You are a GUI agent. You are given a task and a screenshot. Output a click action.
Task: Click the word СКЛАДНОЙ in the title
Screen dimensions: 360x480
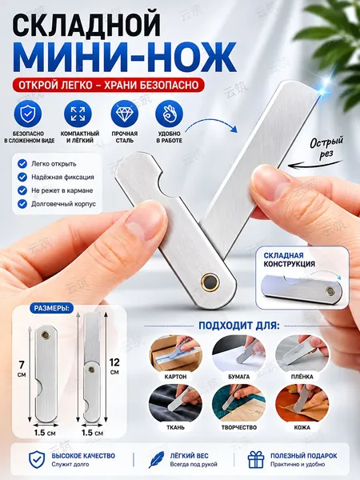tap(86, 25)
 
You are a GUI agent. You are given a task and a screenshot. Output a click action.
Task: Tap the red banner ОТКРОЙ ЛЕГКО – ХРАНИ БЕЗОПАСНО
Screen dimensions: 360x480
tap(108, 85)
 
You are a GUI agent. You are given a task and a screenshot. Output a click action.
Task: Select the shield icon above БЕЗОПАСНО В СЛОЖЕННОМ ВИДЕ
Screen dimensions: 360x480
tap(28, 114)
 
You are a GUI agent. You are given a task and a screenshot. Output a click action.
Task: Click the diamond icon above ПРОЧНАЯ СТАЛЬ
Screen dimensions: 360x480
tap(125, 114)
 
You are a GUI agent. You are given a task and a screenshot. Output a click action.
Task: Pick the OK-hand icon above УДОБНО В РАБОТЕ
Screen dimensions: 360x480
tap(170, 114)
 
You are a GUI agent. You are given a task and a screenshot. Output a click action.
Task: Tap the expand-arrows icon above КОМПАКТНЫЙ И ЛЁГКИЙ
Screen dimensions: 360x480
tap(78, 114)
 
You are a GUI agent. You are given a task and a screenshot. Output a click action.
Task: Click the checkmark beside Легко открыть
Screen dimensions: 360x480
tap(22, 163)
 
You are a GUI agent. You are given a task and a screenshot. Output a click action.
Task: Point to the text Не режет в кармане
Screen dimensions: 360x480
tap(62, 190)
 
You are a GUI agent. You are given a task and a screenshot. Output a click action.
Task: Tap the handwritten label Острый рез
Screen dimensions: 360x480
tap(326, 147)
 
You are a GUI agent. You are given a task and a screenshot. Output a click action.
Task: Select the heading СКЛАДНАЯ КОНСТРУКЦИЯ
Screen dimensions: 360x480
tap(289, 259)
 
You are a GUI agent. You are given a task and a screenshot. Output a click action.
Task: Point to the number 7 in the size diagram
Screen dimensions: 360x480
tap(22, 365)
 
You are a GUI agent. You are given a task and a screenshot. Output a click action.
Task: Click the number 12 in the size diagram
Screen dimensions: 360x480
tap(114, 362)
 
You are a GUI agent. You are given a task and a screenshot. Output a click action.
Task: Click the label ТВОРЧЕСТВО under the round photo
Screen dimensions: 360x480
tap(238, 427)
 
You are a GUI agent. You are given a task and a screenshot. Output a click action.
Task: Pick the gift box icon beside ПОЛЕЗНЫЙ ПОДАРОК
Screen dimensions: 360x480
tap(256, 460)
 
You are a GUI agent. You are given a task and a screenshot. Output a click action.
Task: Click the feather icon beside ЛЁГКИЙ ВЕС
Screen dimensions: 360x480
tap(156, 460)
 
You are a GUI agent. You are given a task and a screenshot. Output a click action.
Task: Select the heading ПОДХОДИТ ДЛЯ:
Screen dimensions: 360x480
tap(239, 326)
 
